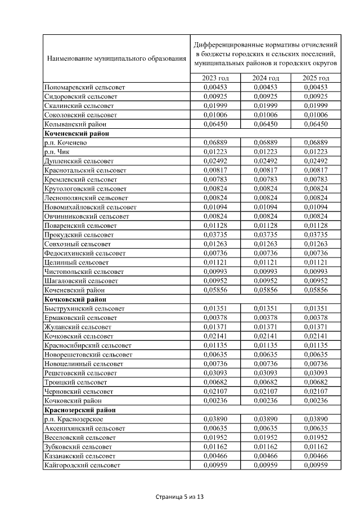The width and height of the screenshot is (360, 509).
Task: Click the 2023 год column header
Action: [216, 78]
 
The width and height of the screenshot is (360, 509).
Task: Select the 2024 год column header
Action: [266, 78]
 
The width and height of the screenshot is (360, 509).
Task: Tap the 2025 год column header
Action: [316, 78]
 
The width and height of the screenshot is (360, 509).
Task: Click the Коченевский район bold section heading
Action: [76, 133]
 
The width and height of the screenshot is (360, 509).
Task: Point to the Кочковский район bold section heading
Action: [75, 299]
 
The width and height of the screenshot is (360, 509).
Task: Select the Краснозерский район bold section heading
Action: [80, 410]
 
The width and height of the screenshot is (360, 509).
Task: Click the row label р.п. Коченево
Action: [65, 142]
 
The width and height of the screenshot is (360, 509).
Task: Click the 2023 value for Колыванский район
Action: [216, 124]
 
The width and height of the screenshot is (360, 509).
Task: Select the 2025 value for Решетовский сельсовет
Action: [316, 373]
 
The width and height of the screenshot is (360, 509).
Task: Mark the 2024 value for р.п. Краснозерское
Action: [266, 419]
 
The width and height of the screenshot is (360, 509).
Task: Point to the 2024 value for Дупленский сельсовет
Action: [266, 161]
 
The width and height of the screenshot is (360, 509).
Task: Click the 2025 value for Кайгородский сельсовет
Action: [316, 465]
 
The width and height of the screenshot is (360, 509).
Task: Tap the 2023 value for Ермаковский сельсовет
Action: [216, 318]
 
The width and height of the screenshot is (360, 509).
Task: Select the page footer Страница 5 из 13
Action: [179, 497]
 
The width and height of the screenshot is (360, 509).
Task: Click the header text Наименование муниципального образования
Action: [116, 58]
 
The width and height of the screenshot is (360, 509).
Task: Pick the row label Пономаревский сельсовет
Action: [84, 87]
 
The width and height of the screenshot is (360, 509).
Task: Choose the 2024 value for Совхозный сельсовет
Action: [266, 244]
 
